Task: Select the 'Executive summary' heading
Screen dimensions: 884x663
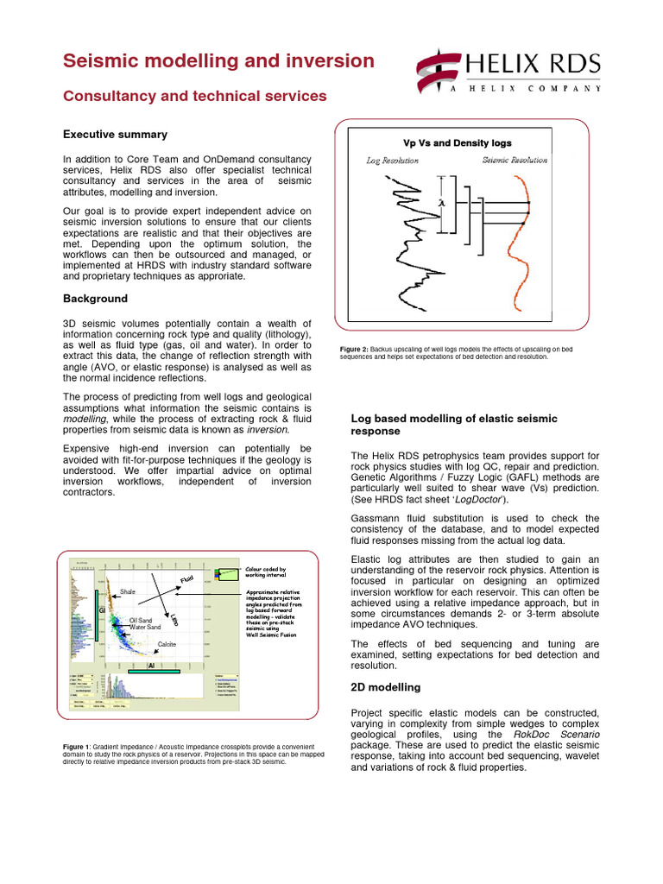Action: [115, 135]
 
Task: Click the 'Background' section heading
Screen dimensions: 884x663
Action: [95, 299]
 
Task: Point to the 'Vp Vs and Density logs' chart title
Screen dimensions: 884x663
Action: [458, 143]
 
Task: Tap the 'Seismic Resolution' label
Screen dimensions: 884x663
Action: [515, 161]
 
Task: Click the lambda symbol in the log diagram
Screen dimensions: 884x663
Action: [441, 202]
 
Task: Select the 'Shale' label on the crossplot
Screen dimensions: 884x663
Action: [128, 592]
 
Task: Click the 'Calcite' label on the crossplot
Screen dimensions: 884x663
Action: [167, 644]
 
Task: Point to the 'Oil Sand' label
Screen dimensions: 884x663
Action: [141, 620]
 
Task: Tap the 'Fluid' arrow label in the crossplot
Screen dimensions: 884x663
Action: [186, 578]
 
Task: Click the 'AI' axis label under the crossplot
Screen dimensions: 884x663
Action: [151, 666]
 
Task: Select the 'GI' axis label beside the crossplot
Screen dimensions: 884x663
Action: [101, 611]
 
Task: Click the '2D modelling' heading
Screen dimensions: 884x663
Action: [385, 688]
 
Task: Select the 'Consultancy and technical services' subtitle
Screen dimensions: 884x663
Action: [194, 97]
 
